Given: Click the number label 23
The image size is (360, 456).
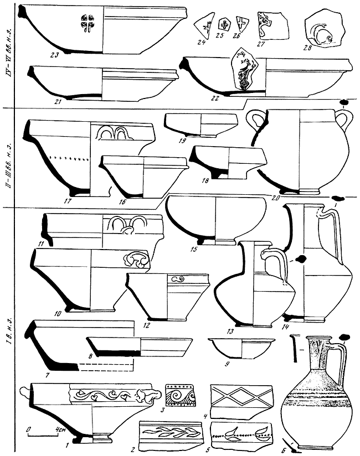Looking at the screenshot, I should coord(53,54).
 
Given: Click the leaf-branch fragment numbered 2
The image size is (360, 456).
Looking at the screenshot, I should coord(169,434).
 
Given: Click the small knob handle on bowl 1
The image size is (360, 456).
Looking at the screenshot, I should coord(23,392).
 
